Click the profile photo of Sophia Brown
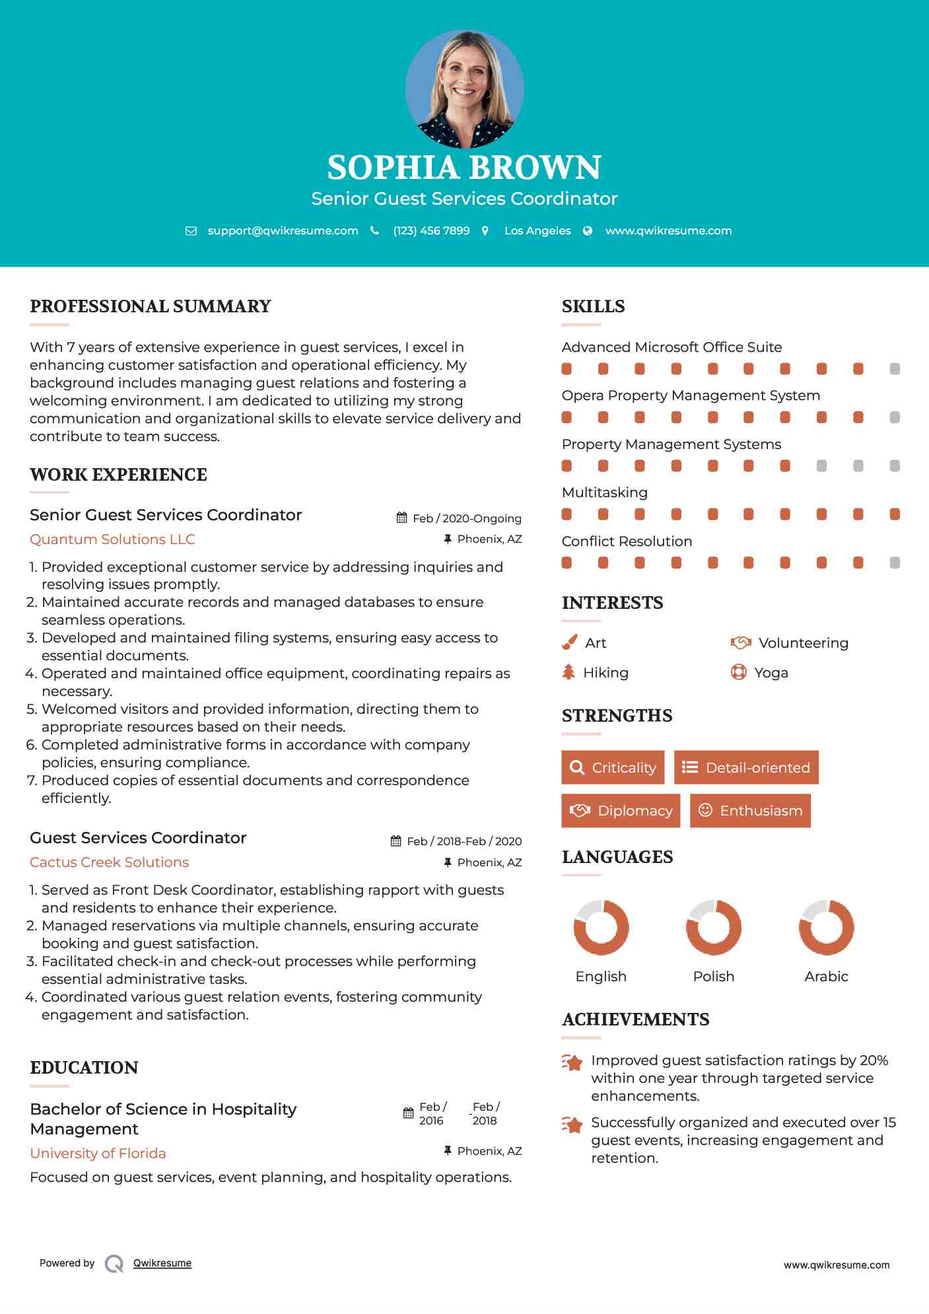(464, 88)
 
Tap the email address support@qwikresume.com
(283, 230)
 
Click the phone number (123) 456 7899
(431, 230)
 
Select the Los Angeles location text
(537, 230)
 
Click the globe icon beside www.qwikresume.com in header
(588, 230)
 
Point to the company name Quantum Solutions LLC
(112, 539)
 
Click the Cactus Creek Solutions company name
(109, 862)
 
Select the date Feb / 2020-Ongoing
(467, 518)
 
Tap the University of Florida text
(98, 1154)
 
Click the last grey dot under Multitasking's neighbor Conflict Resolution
(895, 563)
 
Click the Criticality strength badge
(613, 767)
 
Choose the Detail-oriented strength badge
(746, 767)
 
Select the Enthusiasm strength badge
(750, 811)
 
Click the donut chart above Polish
(714, 927)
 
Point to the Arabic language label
(826, 977)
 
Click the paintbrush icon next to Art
(569, 642)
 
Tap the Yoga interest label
(771, 673)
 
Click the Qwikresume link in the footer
(162, 1263)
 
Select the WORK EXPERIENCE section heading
(118, 475)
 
